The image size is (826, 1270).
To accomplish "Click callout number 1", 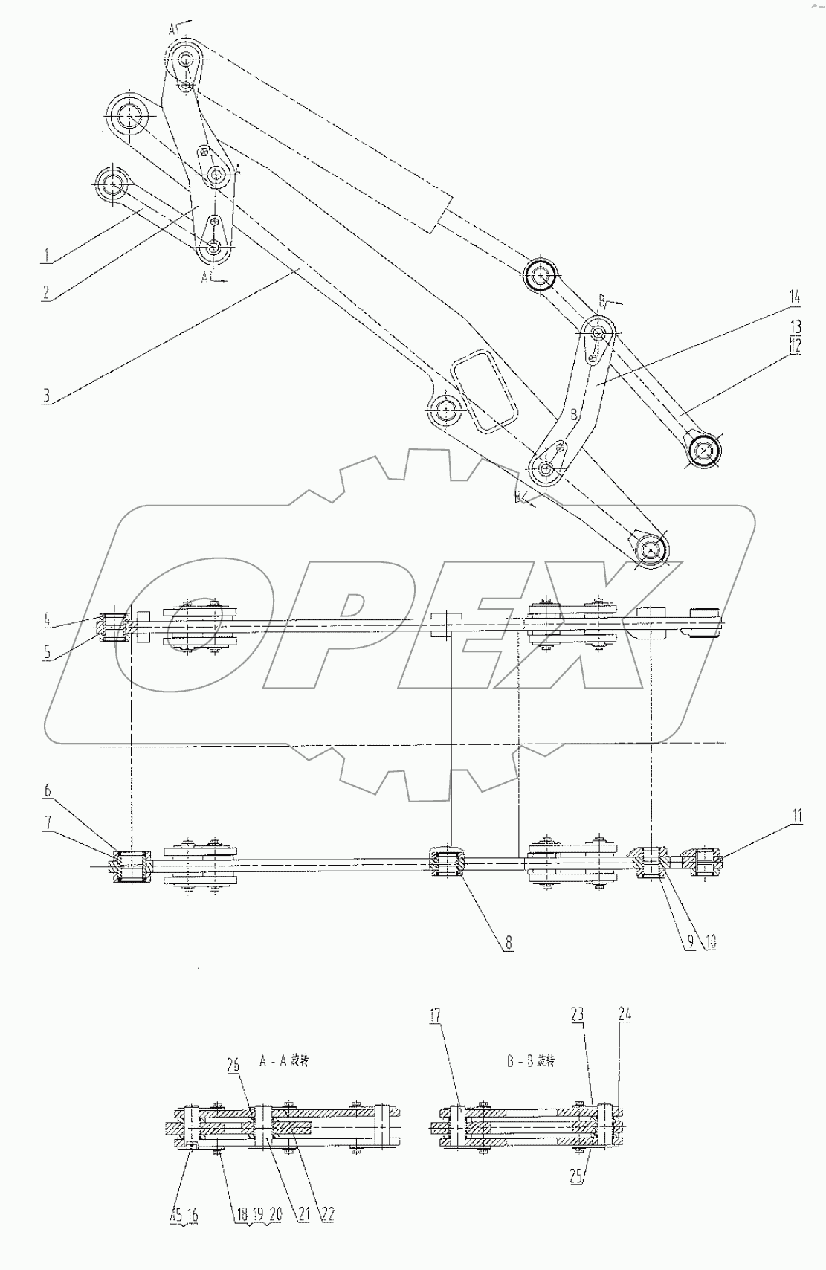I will (x=46, y=256).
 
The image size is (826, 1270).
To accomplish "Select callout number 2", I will (x=46, y=292).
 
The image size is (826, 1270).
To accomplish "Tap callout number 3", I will (x=46, y=394).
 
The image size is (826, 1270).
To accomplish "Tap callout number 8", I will (x=509, y=942).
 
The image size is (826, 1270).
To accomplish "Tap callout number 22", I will (x=326, y=1214).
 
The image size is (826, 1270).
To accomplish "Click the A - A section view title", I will (x=284, y=1060).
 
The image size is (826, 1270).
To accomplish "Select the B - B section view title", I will (x=531, y=1060).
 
